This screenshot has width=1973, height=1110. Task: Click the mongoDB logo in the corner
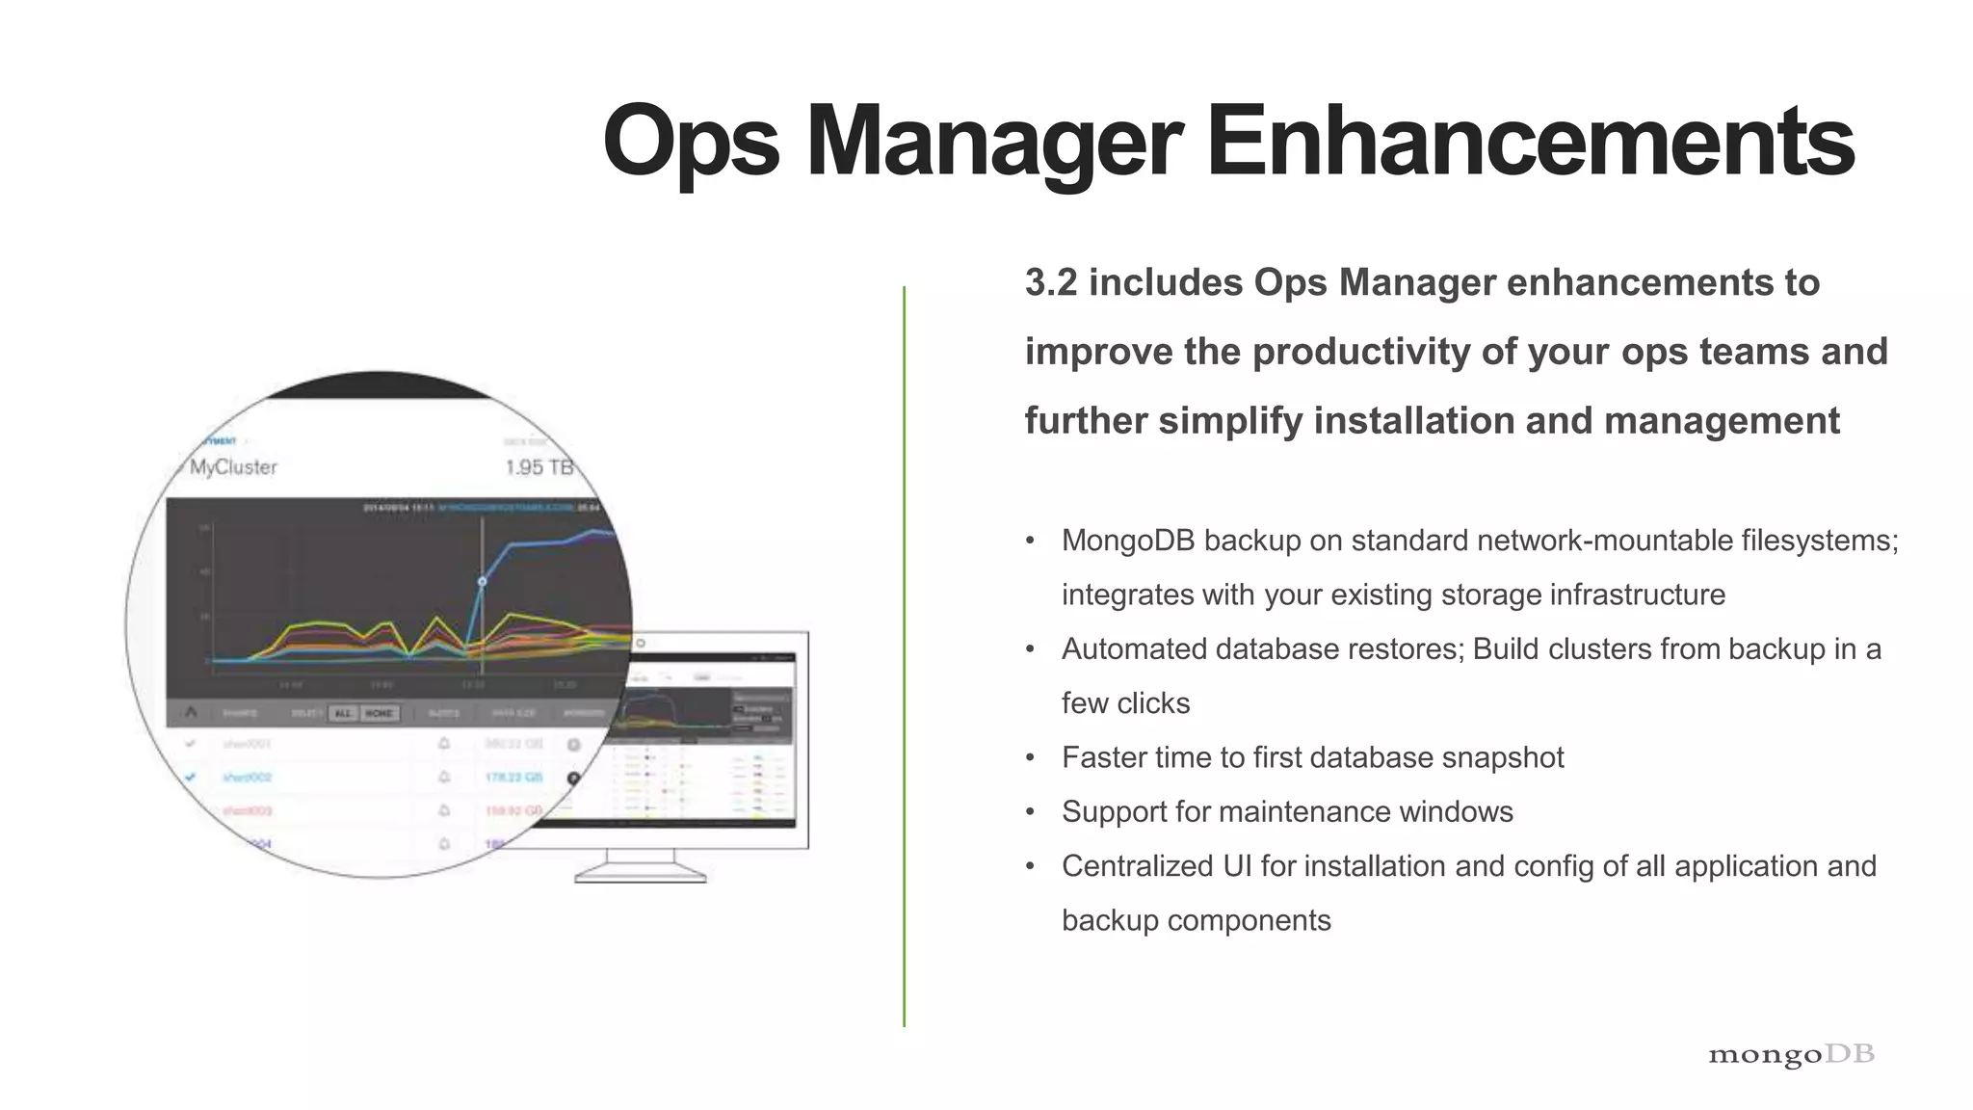pos(1790,1054)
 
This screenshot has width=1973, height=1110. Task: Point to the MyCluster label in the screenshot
pos(233,467)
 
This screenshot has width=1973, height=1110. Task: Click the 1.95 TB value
pos(539,467)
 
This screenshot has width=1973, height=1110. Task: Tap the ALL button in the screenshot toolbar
pos(343,713)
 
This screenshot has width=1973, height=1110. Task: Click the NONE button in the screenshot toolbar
pos(379,713)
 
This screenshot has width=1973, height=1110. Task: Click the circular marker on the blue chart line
pos(483,581)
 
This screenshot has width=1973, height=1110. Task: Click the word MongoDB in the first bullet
pos(1127,541)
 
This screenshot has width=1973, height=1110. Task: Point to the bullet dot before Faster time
pos(1030,758)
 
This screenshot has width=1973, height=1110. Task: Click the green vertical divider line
pos(904,655)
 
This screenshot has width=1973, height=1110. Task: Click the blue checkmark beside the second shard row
pos(191,777)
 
